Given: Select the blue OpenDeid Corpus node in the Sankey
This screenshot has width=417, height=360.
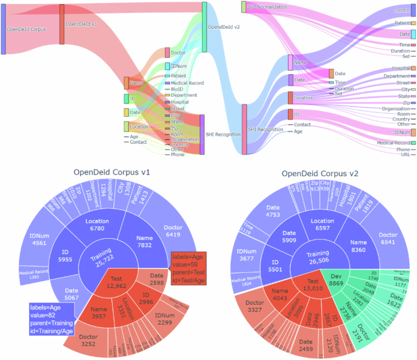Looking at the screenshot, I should (4, 29).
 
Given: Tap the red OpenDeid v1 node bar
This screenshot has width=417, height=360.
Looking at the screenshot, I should (61, 24).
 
